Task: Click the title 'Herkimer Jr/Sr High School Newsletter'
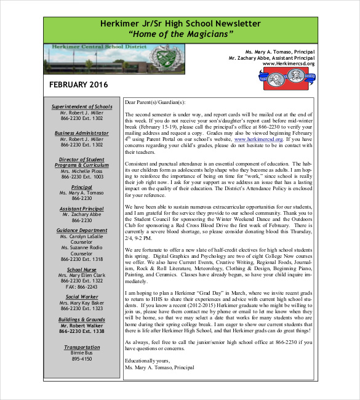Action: tap(180, 23)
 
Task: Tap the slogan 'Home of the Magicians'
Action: tap(180, 34)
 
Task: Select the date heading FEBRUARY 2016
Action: tap(78, 84)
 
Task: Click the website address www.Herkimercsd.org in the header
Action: tap(289, 63)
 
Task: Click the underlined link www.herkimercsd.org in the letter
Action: tap(258, 140)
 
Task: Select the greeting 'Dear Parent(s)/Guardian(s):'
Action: tap(154, 103)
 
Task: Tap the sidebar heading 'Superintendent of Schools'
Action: tap(82, 106)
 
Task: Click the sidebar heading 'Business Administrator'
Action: tap(82, 133)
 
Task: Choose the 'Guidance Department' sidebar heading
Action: tap(82, 230)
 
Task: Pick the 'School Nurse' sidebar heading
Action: tap(82, 270)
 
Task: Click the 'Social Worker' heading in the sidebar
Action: tap(82, 297)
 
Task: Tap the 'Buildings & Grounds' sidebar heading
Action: tap(82, 319)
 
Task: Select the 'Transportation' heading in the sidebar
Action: tap(82, 347)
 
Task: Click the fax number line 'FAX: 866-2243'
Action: tap(82, 287)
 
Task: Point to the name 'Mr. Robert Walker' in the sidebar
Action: tap(82, 325)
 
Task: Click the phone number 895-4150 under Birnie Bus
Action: tap(82, 359)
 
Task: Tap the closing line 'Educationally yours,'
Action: tap(146, 361)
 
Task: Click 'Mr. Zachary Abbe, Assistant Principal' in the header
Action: tap(271, 57)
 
